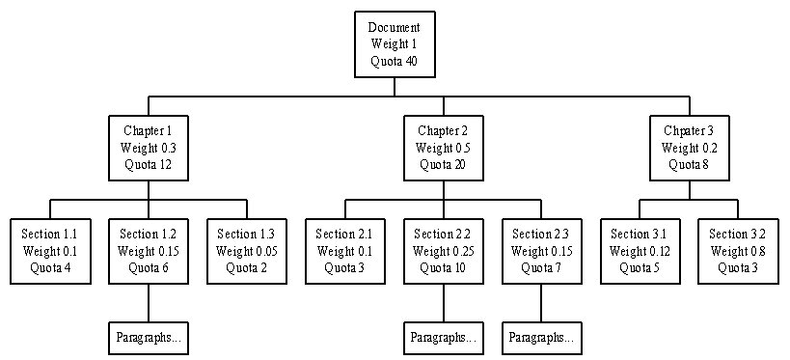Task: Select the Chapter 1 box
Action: click(x=149, y=148)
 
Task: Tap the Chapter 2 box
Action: click(x=443, y=148)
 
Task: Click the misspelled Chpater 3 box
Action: click(x=689, y=148)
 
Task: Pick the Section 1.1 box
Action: click(x=50, y=251)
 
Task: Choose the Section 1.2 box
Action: click(x=149, y=251)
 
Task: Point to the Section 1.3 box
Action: click(x=247, y=251)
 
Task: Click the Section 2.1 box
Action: click(x=344, y=251)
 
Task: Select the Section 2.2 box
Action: click(x=443, y=251)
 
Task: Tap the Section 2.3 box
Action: click(x=541, y=251)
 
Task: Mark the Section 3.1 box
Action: click(x=640, y=251)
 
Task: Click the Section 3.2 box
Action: click(x=738, y=251)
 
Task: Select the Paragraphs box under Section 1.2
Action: click(x=149, y=338)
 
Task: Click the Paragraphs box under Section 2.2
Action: click(x=443, y=338)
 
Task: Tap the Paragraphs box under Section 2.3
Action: click(x=541, y=338)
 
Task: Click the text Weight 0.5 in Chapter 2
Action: click(x=443, y=148)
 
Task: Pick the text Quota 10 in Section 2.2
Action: click(x=443, y=267)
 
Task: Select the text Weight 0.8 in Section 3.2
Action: click(x=738, y=251)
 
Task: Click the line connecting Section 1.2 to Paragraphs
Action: click(x=149, y=303)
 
